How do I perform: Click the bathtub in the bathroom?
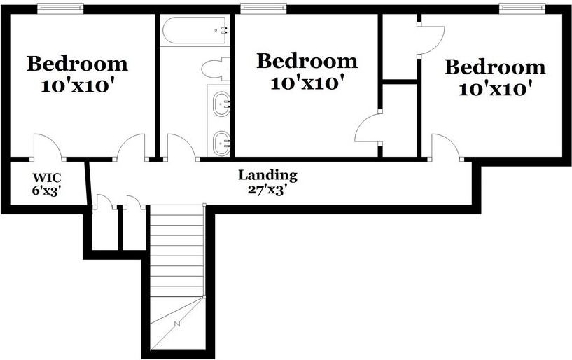(195, 31)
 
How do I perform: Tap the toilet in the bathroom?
(214, 69)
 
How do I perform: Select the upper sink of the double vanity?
(222, 103)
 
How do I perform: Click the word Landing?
(267, 175)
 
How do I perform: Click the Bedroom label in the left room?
(78, 64)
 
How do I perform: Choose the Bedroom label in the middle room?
(307, 60)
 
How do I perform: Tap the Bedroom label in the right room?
(495, 67)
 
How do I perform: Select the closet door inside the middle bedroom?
(369, 129)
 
